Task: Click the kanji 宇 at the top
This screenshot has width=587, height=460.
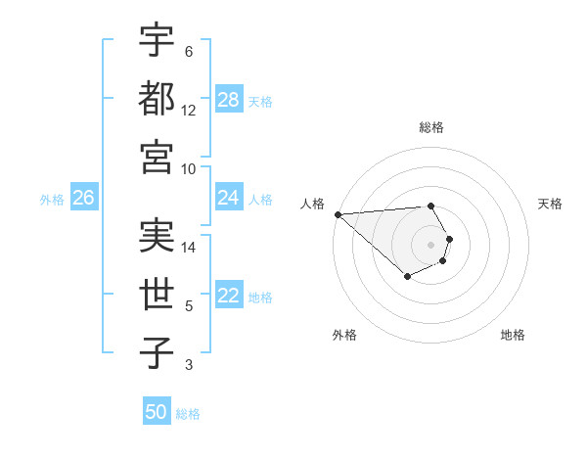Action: pyautogui.click(x=157, y=40)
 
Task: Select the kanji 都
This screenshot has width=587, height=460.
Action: pyautogui.click(x=157, y=99)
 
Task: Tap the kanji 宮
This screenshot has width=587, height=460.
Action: pyautogui.click(x=157, y=157)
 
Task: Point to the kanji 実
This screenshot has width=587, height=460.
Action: pyautogui.click(x=157, y=236)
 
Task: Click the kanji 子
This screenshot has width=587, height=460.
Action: pyautogui.click(x=157, y=353)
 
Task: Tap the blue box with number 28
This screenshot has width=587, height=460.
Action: pyautogui.click(x=229, y=100)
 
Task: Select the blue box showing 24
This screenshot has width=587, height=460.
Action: pyautogui.click(x=229, y=198)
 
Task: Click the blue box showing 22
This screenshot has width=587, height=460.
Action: pyautogui.click(x=229, y=296)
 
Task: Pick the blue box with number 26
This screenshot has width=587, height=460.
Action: pyautogui.click(x=83, y=198)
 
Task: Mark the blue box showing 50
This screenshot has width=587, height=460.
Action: pyautogui.click(x=156, y=412)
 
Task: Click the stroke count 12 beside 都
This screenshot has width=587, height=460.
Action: pyautogui.click(x=189, y=110)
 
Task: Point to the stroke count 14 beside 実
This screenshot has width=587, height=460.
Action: pyautogui.click(x=189, y=247)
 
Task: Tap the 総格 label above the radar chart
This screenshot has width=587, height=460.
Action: pyautogui.click(x=430, y=127)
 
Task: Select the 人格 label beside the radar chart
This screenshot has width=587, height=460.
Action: pyautogui.click(x=313, y=204)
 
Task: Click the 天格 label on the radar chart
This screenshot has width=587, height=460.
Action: pyautogui.click(x=550, y=204)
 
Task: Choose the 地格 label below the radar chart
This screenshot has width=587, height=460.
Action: pyautogui.click(x=513, y=335)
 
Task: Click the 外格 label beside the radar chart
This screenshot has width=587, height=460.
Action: pyautogui.click(x=344, y=335)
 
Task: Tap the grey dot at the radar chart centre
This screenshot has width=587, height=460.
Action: pyautogui.click(x=430, y=244)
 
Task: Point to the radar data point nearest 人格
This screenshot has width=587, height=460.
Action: pyautogui.click(x=338, y=214)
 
